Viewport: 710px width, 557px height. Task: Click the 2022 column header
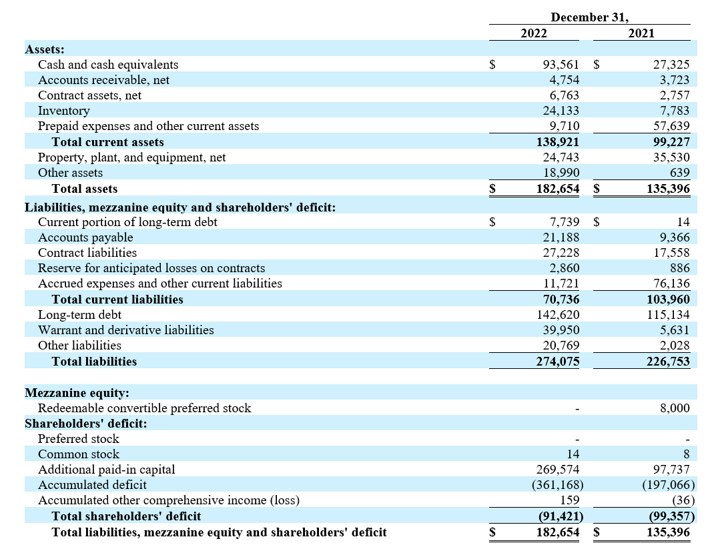533,33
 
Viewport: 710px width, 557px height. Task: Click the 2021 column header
641,33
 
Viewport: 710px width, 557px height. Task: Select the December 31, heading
590,17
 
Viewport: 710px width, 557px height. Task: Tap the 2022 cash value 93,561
561,65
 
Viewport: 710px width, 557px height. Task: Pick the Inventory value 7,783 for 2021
675,111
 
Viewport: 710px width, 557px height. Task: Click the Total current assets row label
108,142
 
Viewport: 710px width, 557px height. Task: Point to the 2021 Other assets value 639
680,173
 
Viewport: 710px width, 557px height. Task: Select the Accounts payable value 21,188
561,237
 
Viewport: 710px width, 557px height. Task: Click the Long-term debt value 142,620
558,315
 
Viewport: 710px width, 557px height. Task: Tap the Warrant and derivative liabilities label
126,330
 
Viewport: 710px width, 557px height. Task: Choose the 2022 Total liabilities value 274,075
558,362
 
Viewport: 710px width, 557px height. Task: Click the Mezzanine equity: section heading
77,393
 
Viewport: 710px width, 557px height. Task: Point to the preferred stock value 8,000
675,408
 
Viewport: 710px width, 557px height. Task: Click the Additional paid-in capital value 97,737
671,470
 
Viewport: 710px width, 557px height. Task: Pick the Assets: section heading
45,49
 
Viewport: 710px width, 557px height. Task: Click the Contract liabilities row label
87,253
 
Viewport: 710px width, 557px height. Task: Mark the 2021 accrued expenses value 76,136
671,284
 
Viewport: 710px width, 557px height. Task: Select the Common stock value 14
573,454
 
